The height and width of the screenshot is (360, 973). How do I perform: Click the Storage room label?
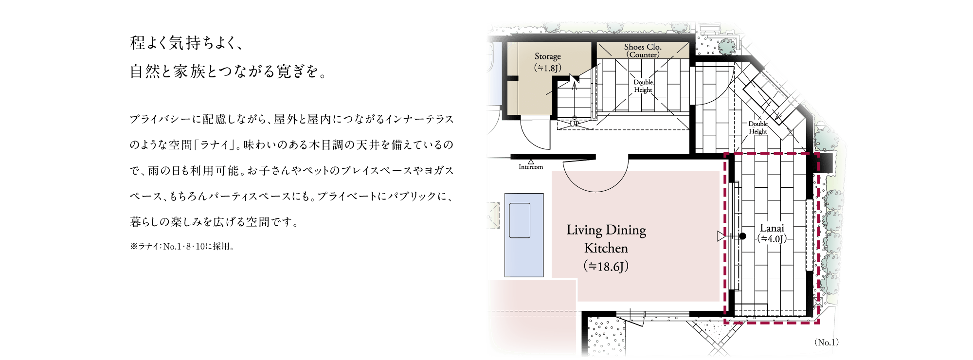coord(548,56)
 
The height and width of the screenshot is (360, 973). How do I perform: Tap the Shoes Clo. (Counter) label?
coord(643,51)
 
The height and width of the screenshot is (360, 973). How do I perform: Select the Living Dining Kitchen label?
coord(606,239)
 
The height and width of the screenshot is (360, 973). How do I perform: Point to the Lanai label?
coord(772,228)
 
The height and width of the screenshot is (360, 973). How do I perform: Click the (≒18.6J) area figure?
coord(606,266)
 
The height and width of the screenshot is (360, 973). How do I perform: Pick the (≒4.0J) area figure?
coord(772,239)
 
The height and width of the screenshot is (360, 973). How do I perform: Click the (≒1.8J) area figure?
coord(548,68)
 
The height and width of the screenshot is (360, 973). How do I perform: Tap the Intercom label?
coord(531,167)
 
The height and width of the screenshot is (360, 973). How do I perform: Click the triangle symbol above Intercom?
coord(531,162)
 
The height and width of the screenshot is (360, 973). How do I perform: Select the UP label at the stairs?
coord(575,124)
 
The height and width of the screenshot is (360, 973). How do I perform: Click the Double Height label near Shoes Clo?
coord(643,86)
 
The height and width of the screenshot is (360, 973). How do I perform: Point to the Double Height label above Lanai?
coord(758,127)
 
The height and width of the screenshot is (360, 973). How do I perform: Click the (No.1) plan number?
coord(827,342)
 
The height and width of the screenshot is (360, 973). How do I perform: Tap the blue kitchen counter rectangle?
coord(524,235)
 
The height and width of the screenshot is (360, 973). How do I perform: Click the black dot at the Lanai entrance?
coord(742,236)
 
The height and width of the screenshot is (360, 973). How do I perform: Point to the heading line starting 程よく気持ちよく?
coord(186,43)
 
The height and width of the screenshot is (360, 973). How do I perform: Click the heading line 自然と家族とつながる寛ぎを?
coord(228,72)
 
